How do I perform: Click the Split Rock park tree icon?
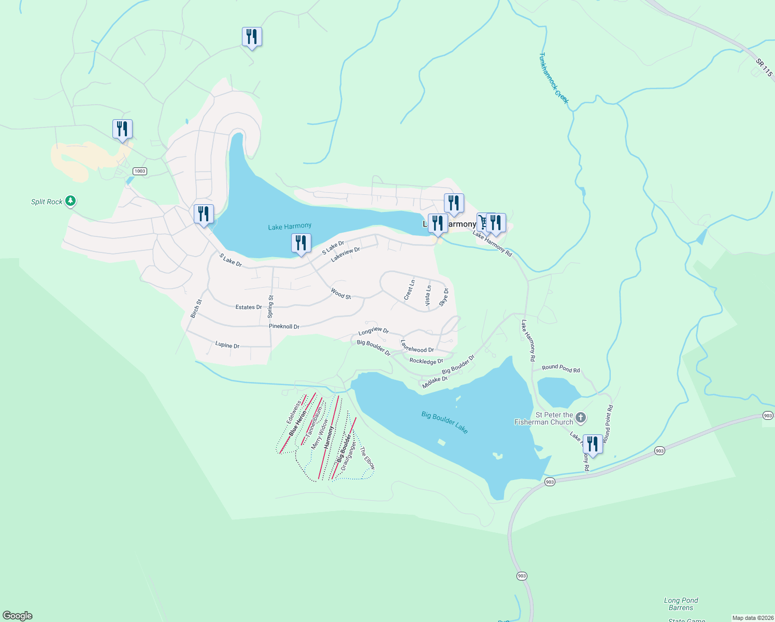point(70,201)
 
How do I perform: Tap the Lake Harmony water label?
point(290,227)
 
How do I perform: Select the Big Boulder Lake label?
point(444,422)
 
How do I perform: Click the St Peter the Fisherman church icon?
point(581,417)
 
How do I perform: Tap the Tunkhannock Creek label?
point(553,78)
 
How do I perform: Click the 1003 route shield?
point(139,171)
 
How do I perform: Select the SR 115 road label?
point(764,68)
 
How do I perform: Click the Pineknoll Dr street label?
point(284,327)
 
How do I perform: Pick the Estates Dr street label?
point(249,307)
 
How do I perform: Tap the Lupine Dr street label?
point(227,345)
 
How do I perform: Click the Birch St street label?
point(196,308)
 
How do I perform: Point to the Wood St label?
point(341,295)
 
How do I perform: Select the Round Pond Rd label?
point(561,369)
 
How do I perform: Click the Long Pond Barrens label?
point(681,604)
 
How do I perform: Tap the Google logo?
point(18,616)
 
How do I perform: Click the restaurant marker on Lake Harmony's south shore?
point(301,243)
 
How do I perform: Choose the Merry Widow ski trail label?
point(320,434)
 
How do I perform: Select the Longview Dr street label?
point(373,331)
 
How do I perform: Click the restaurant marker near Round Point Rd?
point(593,444)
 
